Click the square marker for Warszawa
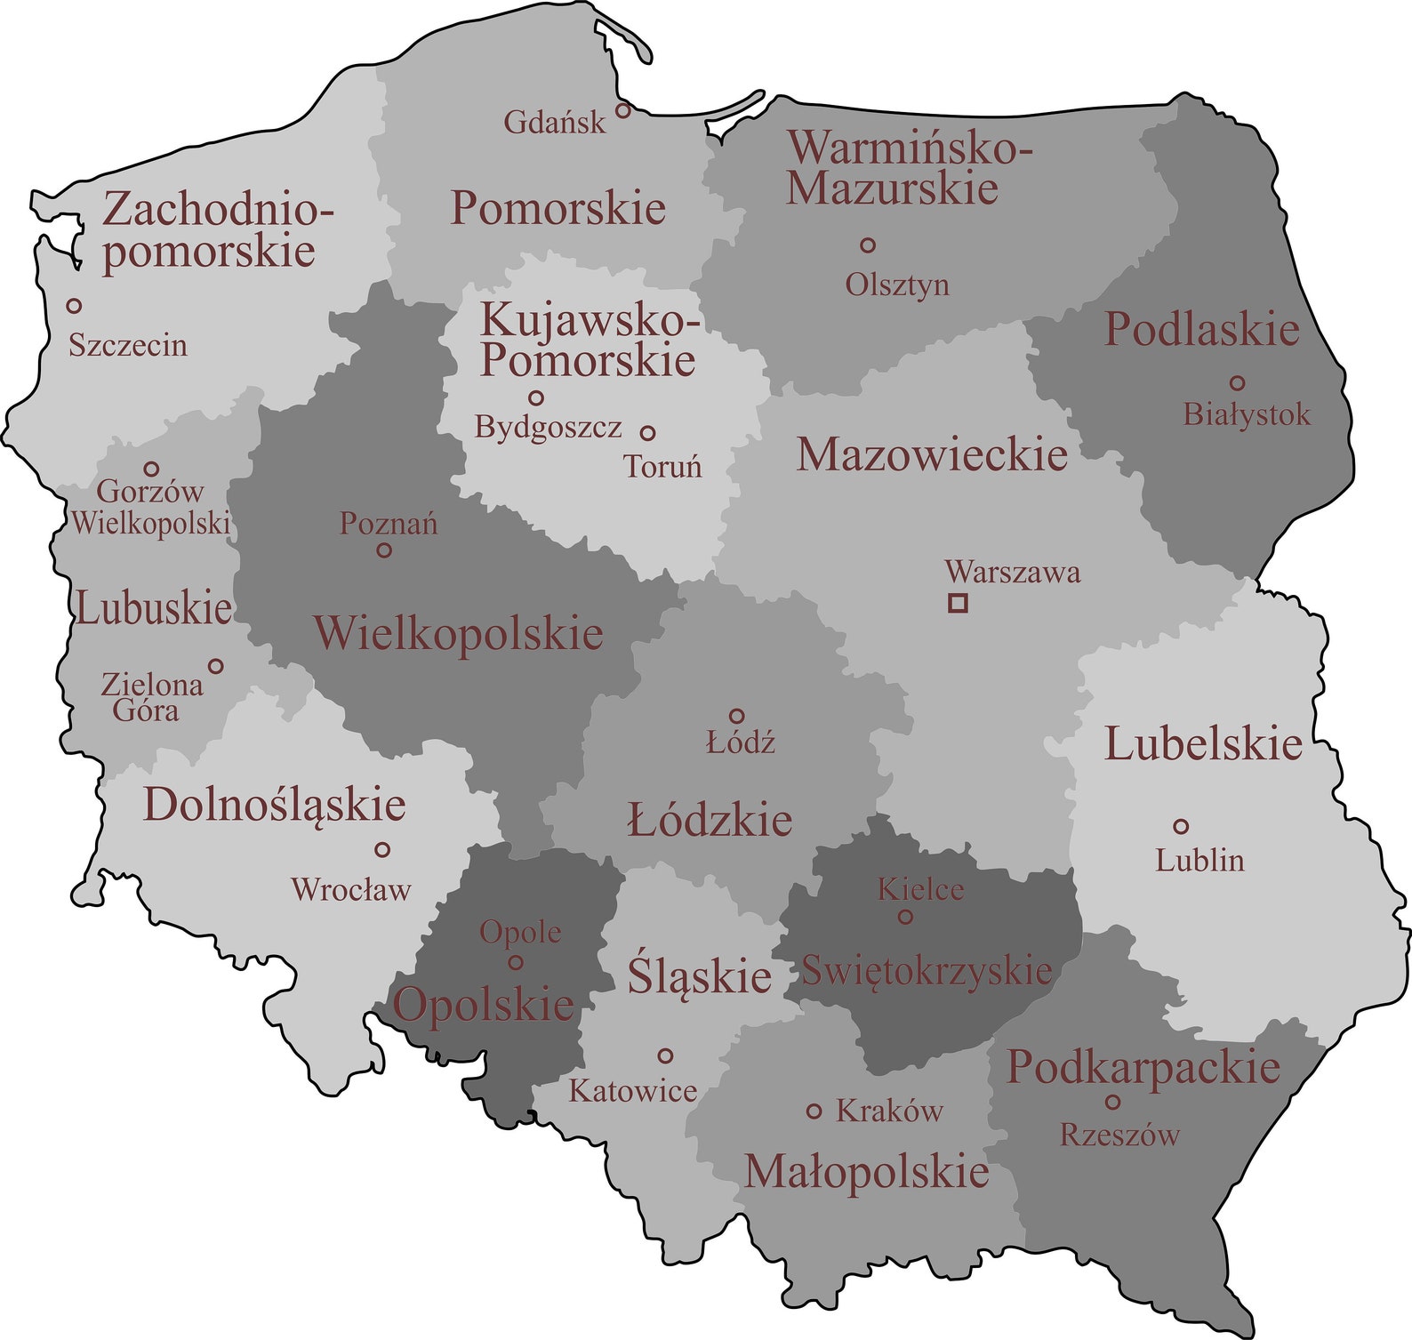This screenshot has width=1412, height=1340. [x=958, y=603]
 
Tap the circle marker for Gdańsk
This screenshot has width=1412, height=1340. [x=623, y=110]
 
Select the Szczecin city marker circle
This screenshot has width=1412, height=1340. [x=75, y=305]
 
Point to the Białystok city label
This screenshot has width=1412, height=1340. [x=1247, y=414]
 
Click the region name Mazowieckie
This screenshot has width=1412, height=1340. [x=931, y=454]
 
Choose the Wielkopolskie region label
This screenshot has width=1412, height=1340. [x=458, y=633]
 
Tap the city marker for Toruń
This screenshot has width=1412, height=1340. [x=648, y=432]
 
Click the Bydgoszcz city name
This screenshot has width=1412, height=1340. [x=548, y=428]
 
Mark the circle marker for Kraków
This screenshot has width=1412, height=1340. [x=814, y=1111]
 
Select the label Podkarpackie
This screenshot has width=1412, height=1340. [x=1143, y=1067]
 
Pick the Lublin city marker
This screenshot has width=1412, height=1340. [x=1181, y=826]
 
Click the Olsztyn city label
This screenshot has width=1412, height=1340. [x=897, y=285]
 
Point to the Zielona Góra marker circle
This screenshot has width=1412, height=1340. [x=215, y=665]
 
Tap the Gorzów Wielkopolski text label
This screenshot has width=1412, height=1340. [x=150, y=507]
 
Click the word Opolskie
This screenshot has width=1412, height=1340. [x=483, y=1006]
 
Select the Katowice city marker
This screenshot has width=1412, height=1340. [x=665, y=1055]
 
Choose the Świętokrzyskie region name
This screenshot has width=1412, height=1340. [x=927, y=970]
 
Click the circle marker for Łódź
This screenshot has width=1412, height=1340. [x=736, y=716]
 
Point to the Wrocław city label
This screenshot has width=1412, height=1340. [x=351, y=889]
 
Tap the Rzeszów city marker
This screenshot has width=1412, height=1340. [x=1112, y=1102]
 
